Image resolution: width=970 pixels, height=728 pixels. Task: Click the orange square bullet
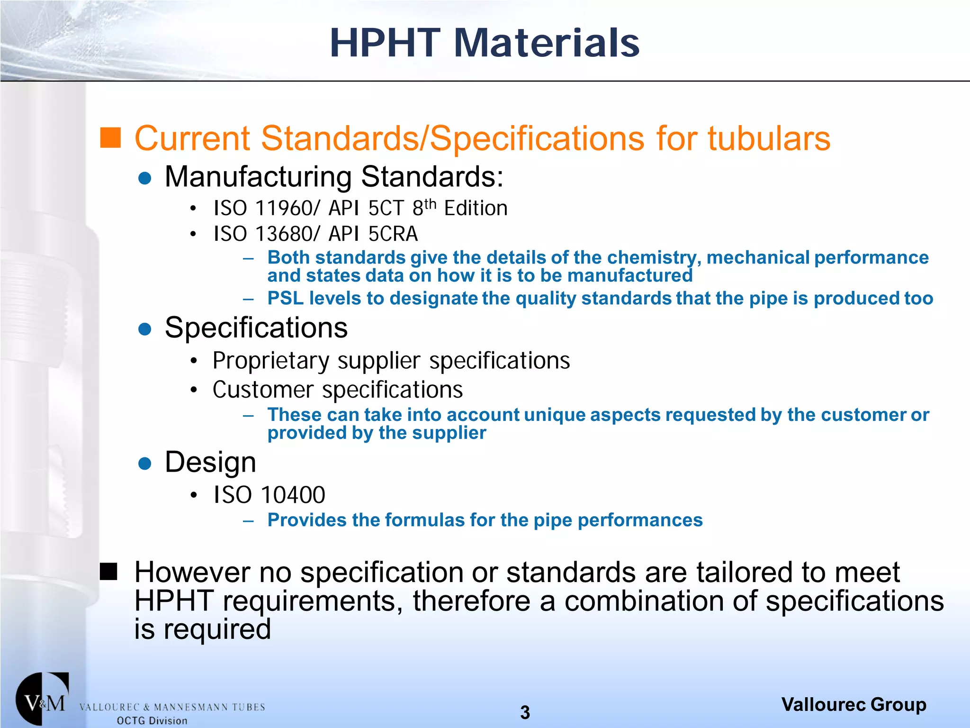coord(110,137)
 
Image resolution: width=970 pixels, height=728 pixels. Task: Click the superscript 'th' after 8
coord(430,204)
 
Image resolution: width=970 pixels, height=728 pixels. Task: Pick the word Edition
coord(476,209)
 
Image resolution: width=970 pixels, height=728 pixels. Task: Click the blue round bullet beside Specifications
coord(144,329)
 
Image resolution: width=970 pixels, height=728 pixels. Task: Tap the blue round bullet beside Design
coord(144,463)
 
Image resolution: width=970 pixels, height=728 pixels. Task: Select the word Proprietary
coord(270,361)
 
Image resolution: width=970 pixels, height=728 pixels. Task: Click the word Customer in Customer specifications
coord(263,390)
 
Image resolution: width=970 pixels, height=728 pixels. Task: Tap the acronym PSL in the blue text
coord(285,299)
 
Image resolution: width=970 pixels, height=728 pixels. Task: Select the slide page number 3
coord(525,712)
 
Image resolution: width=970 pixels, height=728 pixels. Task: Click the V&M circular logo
coord(43,699)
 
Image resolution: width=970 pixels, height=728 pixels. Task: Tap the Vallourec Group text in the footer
coord(853,705)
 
